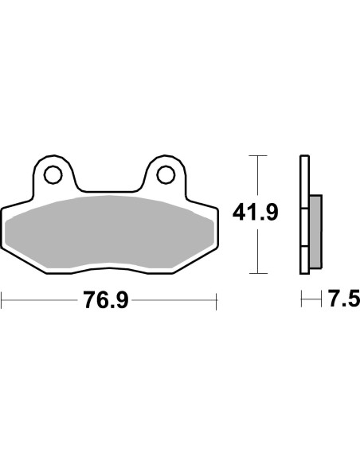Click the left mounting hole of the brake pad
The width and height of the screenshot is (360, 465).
point(53,174)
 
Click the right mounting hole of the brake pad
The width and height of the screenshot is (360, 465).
point(166,174)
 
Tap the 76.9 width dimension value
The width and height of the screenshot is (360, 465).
point(105,300)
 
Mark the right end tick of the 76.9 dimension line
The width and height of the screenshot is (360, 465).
point(216,300)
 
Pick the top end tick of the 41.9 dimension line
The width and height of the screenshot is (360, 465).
point(255,154)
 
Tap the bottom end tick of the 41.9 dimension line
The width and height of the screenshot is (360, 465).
point(255,273)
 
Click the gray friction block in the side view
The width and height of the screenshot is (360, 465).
point(315,232)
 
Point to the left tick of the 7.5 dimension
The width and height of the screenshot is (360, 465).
point(301,300)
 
